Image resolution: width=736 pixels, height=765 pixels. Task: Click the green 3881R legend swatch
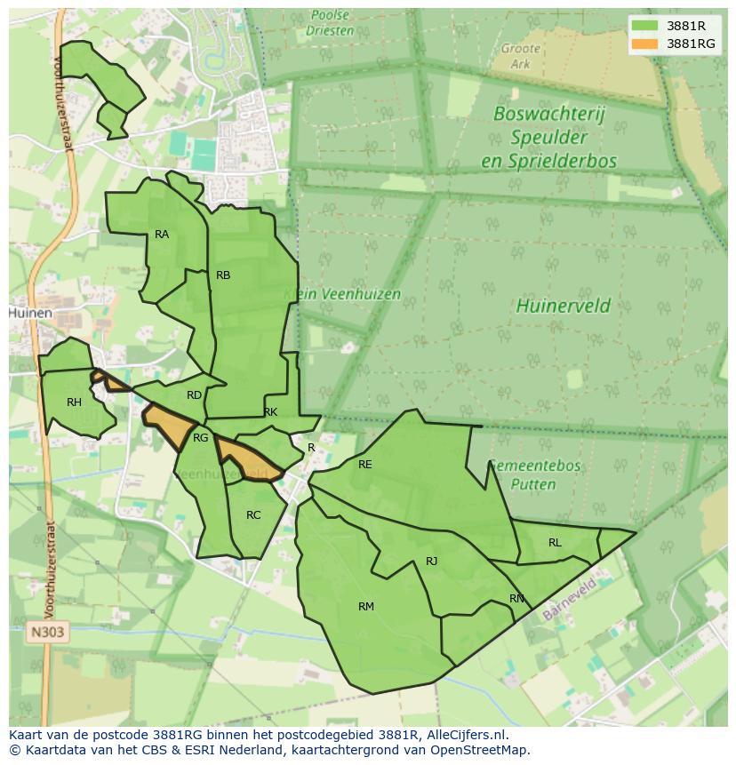click(645, 26)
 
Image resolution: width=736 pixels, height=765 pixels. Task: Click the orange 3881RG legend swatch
click(645, 44)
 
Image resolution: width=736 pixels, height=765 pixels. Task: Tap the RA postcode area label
click(162, 235)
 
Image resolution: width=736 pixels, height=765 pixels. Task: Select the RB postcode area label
click(223, 275)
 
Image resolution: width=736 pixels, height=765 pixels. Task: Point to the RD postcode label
click(194, 395)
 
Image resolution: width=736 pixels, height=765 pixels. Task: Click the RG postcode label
click(201, 438)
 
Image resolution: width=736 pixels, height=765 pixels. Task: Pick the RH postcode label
click(74, 402)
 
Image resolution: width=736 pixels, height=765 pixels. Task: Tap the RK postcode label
click(270, 412)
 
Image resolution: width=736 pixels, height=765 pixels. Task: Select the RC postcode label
click(253, 515)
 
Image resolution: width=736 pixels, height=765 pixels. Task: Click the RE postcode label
click(364, 465)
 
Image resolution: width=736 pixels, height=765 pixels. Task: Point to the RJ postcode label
click(432, 561)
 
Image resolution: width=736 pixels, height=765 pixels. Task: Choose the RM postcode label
click(366, 607)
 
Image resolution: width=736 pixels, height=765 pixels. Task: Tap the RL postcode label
click(555, 543)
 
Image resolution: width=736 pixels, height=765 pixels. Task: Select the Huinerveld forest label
click(563, 307)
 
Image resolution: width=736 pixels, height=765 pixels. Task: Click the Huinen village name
click(30, 314)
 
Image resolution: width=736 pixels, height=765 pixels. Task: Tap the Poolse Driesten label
click(330, 22)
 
